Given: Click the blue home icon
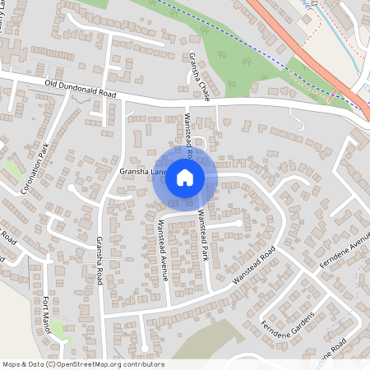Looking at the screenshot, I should point(185,178).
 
